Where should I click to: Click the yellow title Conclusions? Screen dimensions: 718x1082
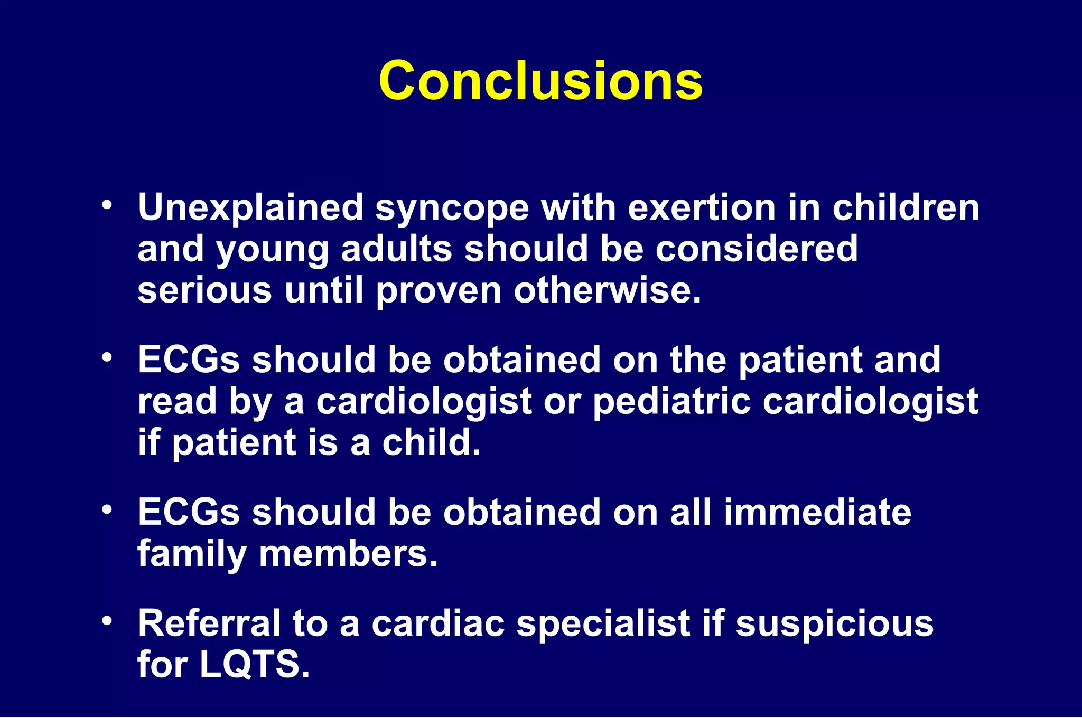[540, 80]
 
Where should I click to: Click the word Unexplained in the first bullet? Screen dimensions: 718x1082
[250, 207]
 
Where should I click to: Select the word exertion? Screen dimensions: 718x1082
[702, 207]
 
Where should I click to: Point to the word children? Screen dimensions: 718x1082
[906, 207]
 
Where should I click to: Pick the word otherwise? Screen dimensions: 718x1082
[607, 290]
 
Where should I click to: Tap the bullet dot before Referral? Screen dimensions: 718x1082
[107, 621]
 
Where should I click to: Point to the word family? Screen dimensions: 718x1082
[192, 554]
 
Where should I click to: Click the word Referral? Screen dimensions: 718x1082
[209, 623]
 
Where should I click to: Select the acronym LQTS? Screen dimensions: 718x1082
[254, 665]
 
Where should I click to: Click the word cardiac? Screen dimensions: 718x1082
[438, 623]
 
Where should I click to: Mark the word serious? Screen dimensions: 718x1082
[204, 290]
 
